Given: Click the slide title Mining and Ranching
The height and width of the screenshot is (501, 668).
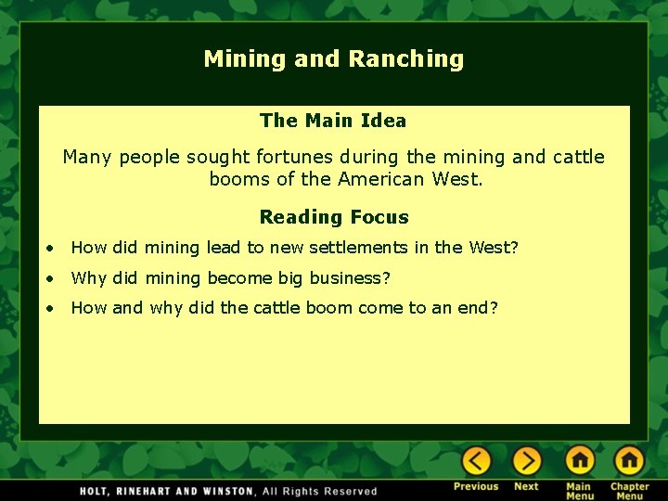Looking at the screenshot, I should [x=334, y=59].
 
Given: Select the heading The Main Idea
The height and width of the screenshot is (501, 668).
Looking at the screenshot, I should [x=333, y=121].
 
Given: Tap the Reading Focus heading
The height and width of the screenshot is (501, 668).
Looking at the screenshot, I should [x=334, y=217].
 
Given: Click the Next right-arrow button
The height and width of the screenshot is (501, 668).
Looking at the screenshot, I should [x=526, y=461].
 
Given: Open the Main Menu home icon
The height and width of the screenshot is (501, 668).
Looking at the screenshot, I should [x=580, y=461].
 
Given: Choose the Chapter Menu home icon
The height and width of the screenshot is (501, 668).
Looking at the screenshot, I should [x=629, y=461].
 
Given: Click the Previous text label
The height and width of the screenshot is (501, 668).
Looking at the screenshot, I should [x=476, y=486].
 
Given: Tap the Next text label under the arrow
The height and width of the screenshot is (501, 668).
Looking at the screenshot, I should [x=526, y=486].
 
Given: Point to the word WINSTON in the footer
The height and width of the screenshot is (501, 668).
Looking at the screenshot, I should [x=227, y=491].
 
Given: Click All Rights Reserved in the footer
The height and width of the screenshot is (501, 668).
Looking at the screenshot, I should [x=320, y=491].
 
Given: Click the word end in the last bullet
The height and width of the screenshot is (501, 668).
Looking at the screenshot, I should [x=472, y=308].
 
